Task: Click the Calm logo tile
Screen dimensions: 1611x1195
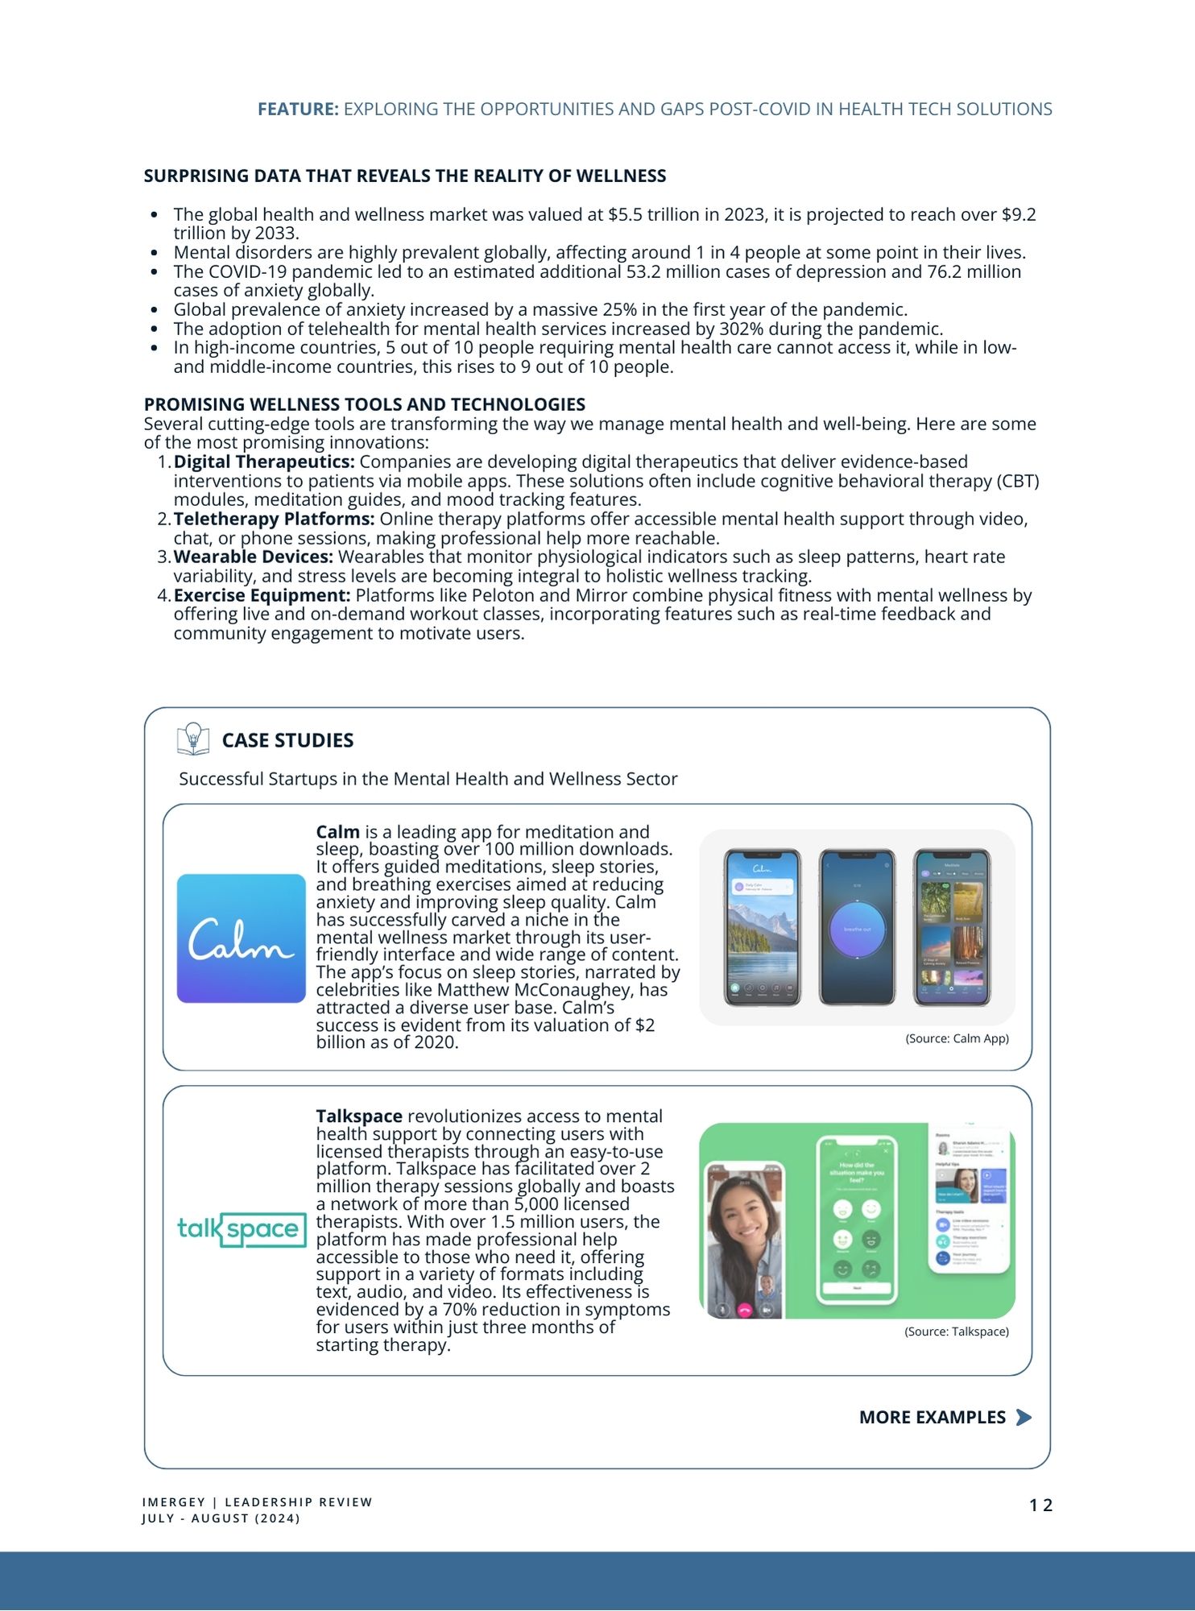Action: [241, 938]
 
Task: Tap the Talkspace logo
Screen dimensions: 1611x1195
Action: [242, 1229]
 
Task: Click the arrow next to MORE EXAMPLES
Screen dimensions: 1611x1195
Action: [1023, 1417]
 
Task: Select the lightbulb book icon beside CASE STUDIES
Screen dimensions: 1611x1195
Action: [192, 739]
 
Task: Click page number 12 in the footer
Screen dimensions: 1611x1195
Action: [1040, 1505]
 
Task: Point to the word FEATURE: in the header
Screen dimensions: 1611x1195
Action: [298, 110]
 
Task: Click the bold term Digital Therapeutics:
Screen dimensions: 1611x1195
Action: [264, 462]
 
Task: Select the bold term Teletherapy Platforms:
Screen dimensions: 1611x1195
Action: [274, 519]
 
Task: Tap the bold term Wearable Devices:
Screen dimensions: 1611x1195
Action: [253, 557]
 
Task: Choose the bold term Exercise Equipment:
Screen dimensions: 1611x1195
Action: [262, 595]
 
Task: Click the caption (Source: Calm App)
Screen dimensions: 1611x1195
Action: [957, 1038]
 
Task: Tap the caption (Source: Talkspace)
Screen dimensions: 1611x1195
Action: [957, 1331]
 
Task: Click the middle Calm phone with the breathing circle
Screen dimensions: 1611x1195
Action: [857, 928]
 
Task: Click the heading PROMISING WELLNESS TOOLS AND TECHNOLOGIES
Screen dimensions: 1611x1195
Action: [365, 404]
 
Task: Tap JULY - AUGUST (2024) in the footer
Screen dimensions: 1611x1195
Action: [221, 1518]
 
